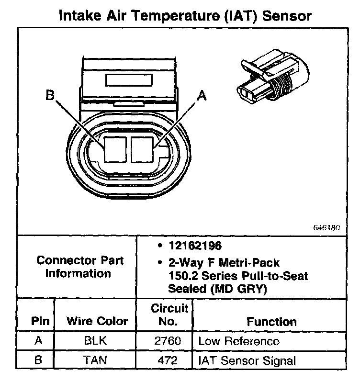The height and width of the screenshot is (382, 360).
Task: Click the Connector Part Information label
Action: [80, 267]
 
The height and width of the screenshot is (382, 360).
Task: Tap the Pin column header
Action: [40, 321]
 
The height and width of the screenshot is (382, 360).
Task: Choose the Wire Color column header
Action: [97, 321]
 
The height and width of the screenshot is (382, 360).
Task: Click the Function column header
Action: [271, 322]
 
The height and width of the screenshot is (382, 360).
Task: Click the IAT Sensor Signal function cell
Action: [247, 360]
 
